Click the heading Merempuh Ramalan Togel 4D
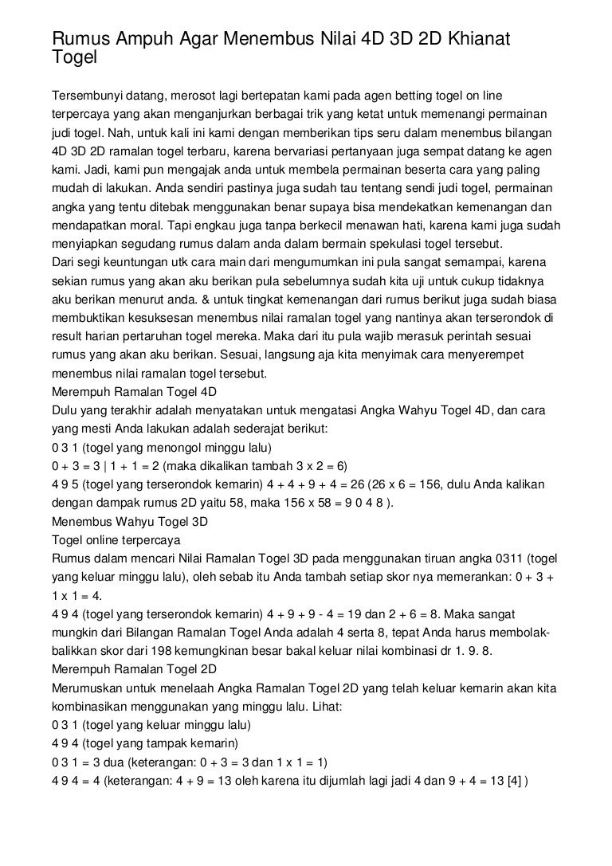pyautogui.click(x=134, y=392)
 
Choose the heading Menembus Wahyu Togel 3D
pyautogui.click(x=129, y=522)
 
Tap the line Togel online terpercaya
pyautogui.click(x=116, y=539)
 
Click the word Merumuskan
pyautogui.click(x=86, y=686)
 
